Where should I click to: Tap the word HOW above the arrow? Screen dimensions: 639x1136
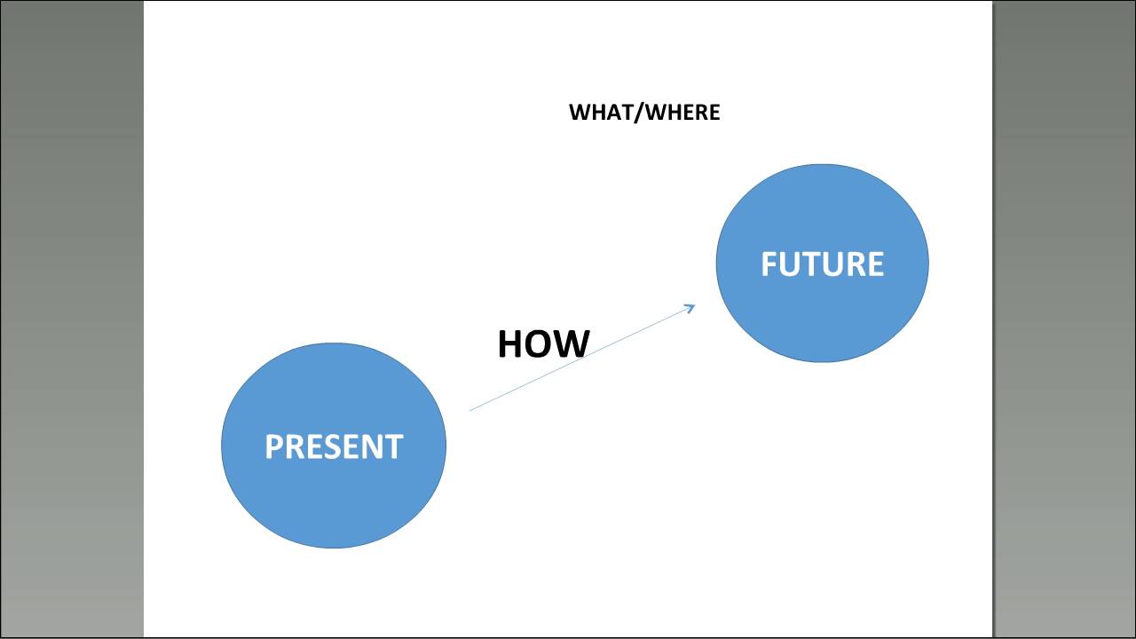[543, 344]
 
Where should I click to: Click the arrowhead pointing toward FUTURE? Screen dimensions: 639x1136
[691, 307]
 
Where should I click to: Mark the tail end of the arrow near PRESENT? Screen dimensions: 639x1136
[471, 409]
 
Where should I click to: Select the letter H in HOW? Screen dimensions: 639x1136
[511, 344]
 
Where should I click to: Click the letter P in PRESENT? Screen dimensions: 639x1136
[274, 446]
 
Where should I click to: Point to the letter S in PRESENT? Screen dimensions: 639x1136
[335, 446]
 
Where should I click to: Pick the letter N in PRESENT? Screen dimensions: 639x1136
[374, 446]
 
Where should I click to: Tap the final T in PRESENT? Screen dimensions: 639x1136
[394, 446]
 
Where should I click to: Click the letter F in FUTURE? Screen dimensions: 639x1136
[769, 264]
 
